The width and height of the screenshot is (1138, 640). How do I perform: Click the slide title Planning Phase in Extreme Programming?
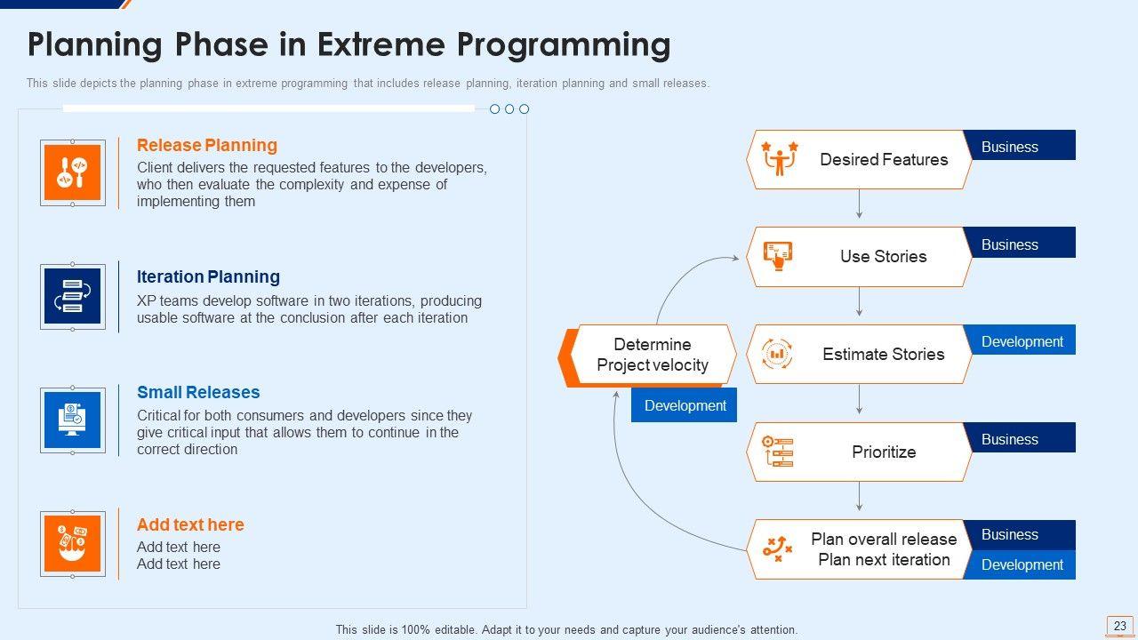click(x=349, y=44)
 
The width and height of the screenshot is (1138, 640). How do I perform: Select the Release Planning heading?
click(x=206, y=145)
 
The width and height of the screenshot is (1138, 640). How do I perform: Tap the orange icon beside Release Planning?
click(x=73, y=172)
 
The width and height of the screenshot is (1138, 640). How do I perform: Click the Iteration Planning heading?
click(x=208, y=276)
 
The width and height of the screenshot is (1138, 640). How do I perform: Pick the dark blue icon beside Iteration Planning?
click(x=73, y=296)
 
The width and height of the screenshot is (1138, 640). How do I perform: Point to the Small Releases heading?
click(x=198, y=392)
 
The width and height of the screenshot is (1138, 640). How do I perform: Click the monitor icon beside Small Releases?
click(x=73, y=420)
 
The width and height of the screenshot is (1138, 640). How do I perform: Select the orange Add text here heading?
click(x=190, y=524)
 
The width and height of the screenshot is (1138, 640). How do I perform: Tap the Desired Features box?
click(x=859, y=160)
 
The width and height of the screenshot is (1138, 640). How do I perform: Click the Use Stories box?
click(x=859, y=256)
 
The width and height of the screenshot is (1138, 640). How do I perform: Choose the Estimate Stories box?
click(x=859, y=354)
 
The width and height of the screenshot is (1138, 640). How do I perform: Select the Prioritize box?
click(x=859, y=452)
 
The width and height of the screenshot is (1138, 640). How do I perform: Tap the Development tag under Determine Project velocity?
click(x=685, y=405)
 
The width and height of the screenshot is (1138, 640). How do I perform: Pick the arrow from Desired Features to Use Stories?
click(x=859, y=204)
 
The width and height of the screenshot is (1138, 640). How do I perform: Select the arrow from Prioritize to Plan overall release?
click(x=859, y=497)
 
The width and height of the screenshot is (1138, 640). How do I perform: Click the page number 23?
click(x=1119, y=626)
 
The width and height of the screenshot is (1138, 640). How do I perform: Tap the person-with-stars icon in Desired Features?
click(x=780, y=159)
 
